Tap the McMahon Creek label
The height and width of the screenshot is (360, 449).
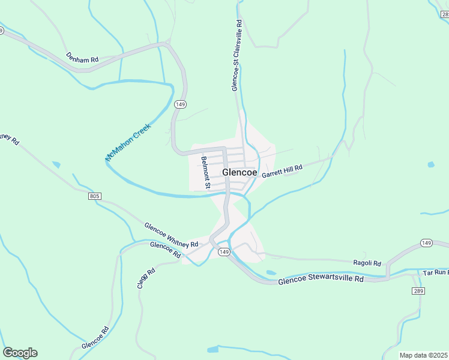click(x=127, y=142)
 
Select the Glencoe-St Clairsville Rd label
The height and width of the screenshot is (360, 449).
click(x=237, y=56)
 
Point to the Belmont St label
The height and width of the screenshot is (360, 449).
click(x=205, y=173)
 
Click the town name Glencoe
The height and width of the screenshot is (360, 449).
click(x=240, y=172)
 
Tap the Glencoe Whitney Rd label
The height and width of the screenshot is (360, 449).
click(x=171, y=235)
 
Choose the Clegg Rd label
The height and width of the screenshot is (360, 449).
click(x=146, y=278)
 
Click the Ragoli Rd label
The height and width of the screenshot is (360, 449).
click(x=367, y=263)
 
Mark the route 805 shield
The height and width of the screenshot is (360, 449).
click(x=94, y=196)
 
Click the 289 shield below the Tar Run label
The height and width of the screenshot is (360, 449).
click(x=418, y=290)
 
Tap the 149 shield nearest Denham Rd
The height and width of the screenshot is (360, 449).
click(x=180, y=104)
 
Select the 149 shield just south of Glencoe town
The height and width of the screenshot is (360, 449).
click(x=223, y=252)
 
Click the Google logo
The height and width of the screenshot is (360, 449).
click(x=20, y=353)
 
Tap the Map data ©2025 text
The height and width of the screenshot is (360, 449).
click(x=423, y=355)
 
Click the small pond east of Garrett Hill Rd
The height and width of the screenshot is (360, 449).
click(x=430, y=164)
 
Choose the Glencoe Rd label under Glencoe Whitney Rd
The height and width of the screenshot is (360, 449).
click(x=165, y=250)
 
